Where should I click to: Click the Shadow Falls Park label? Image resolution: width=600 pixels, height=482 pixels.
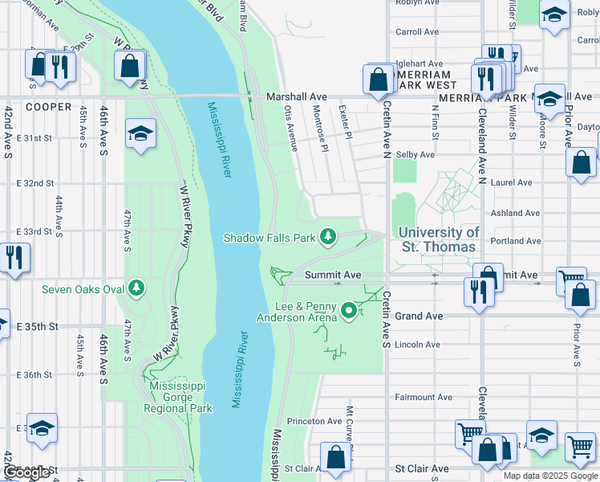[270, 238]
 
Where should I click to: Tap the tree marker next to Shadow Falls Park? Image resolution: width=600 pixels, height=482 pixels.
[327, 236]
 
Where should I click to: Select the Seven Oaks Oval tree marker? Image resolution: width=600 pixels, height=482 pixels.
[136, 287]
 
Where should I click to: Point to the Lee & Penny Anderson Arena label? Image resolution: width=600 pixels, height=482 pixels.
[296, 312]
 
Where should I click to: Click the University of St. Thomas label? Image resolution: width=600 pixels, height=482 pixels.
[439, 239]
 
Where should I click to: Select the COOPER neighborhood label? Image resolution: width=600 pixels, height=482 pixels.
[48, 106]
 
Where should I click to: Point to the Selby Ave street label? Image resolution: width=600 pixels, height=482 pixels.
[416, 154]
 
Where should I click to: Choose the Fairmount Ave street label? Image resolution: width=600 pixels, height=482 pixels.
[424, 397]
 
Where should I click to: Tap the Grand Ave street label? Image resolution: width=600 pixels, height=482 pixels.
[419, 317]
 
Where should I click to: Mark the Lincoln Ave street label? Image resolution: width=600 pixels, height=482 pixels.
[418, 345]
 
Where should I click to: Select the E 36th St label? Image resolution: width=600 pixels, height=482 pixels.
[34, 375]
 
